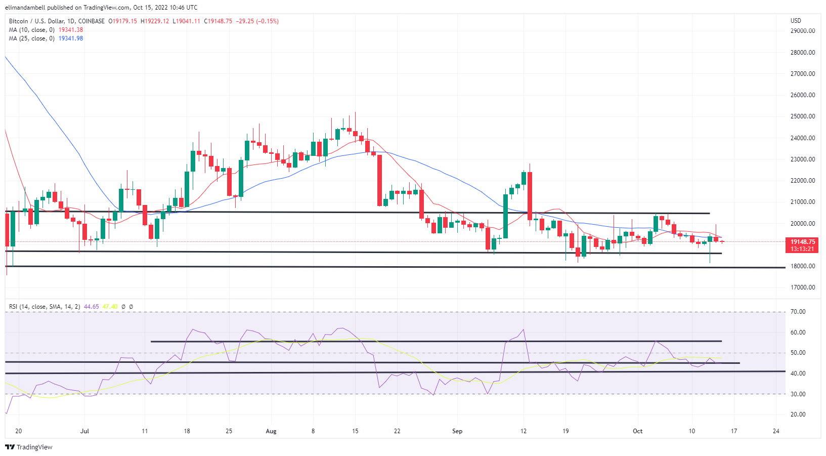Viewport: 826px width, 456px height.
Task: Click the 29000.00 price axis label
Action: coord(802,31)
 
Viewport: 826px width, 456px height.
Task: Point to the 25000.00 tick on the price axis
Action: coord(802,116)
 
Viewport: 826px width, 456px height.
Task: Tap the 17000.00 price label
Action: coord(802,287)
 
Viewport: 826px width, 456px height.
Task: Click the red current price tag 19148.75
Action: coord(802,242)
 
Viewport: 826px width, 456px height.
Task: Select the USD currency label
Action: coord(796,21)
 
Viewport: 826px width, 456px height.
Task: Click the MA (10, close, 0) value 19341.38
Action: coord(71,30)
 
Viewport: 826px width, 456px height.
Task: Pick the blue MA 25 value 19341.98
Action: coord(71,38)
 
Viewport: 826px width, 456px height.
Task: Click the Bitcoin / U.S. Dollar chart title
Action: coord(57,21)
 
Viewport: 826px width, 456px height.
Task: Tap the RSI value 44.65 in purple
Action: coord(92,307)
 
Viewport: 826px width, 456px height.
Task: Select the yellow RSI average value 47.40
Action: coord(110,307)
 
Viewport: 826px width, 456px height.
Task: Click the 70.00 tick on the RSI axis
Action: coord(798,312)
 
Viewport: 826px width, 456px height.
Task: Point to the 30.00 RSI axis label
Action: coord(798,394)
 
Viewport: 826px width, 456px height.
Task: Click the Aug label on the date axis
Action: coord(271,431)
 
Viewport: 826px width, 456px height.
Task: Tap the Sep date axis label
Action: coord(457,431)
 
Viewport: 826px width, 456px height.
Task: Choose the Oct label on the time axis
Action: coord(637,431)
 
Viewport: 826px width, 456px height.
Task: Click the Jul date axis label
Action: coord(84,431)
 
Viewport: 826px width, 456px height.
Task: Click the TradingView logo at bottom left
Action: coord(29,447)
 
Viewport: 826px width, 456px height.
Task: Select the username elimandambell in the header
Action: coord(25,8)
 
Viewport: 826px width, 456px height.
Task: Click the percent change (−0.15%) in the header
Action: coord(268,21)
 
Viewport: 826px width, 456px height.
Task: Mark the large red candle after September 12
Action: coord(530,195)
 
